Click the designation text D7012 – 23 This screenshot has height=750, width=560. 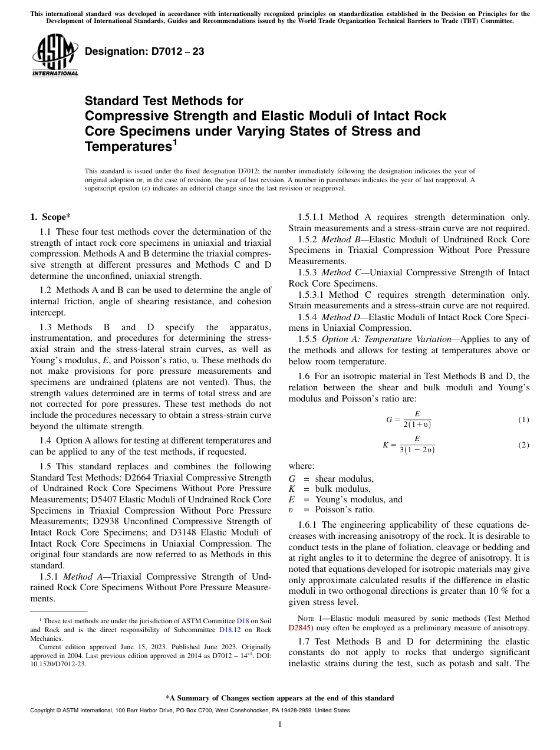point(144,52)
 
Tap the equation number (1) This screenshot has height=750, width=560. point(523,420)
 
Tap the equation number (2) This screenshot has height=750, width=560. point(523,445)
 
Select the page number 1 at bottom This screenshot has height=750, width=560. point(280,725)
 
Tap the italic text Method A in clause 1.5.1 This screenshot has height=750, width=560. point(81,576)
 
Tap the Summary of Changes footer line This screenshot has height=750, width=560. point(280,698)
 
